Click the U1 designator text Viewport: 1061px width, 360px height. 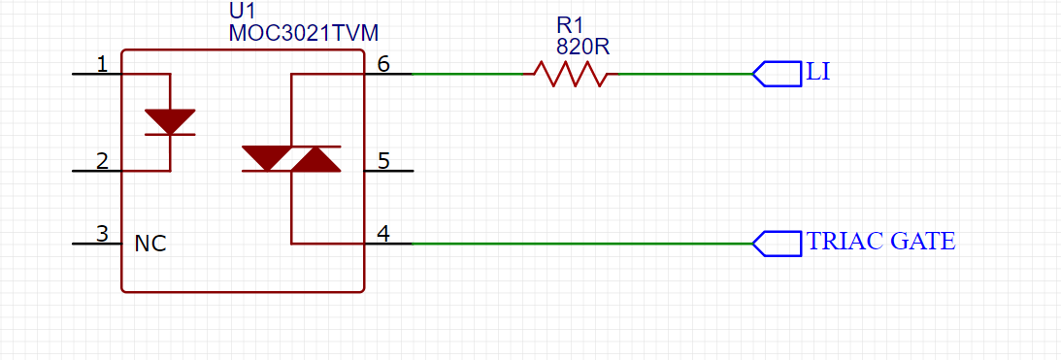coord(242,13)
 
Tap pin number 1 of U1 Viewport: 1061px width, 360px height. coord(102,64)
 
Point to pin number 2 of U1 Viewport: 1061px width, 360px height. coord(102,161)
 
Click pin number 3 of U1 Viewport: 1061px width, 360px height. coord(102,234)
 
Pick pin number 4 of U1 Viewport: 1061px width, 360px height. coord(383,234)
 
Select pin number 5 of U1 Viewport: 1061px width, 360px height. coord(383,161)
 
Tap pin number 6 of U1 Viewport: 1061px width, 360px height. coord(383,64)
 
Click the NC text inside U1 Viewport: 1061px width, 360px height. coord(150,244)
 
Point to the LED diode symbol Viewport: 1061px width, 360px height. coord(170,122)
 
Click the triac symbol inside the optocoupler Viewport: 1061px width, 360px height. coord(291,158)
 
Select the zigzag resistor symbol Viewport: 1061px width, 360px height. coord(571,73)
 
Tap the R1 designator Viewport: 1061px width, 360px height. coord(570,25)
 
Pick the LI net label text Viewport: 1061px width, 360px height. coord(818,72)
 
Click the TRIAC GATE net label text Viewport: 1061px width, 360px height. coord(881,242)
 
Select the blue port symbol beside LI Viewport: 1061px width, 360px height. coord(777,74)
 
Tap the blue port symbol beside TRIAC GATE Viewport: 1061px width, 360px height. coord(777,244)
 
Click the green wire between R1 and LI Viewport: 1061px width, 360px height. coord(684,73)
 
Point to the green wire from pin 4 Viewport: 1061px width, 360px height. coord(581,243)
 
